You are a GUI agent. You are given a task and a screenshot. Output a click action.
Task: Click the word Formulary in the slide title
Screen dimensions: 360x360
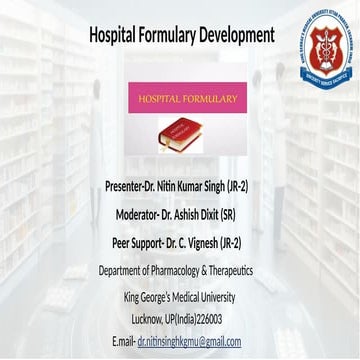(x=171, y=35)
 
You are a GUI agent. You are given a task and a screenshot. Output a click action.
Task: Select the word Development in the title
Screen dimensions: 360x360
(x=237, y=35)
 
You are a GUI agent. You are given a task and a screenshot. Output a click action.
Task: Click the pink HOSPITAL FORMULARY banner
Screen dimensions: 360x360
(x=188, y=99)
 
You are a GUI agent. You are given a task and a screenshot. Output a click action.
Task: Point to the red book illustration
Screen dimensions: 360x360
(x=179, y=134)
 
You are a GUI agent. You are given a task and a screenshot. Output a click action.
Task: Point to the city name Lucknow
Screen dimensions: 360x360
(x=153, y=319)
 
